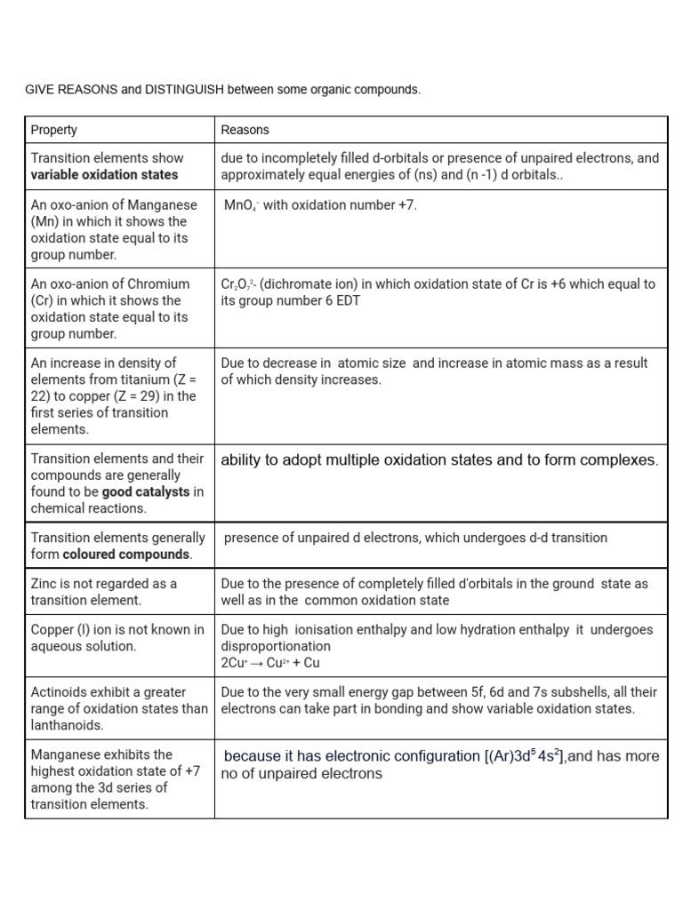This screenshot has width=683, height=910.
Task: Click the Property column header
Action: coord(54,130)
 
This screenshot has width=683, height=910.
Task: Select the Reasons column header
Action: coord(245,130)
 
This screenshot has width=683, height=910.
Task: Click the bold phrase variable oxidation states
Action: coord(104,174)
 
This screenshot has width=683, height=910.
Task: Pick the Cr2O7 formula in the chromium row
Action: coord(238,284)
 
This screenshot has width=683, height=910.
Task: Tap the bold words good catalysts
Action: coord(146,491)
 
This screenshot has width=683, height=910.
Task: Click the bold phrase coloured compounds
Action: coord(126,555)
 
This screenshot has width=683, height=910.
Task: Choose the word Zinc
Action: coord(46,584)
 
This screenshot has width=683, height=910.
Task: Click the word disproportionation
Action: coord(276,646)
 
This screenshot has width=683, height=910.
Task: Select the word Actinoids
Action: coord(59,691)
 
